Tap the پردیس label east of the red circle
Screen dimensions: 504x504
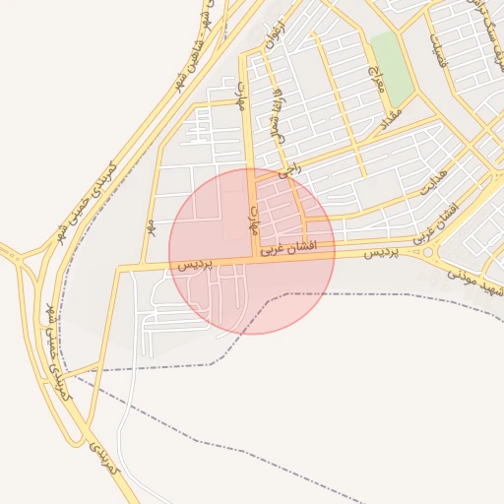click(x=382, y=253)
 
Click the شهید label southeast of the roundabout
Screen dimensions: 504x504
click(x=471, y=281)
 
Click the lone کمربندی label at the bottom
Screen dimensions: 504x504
click(x=103, y=460)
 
